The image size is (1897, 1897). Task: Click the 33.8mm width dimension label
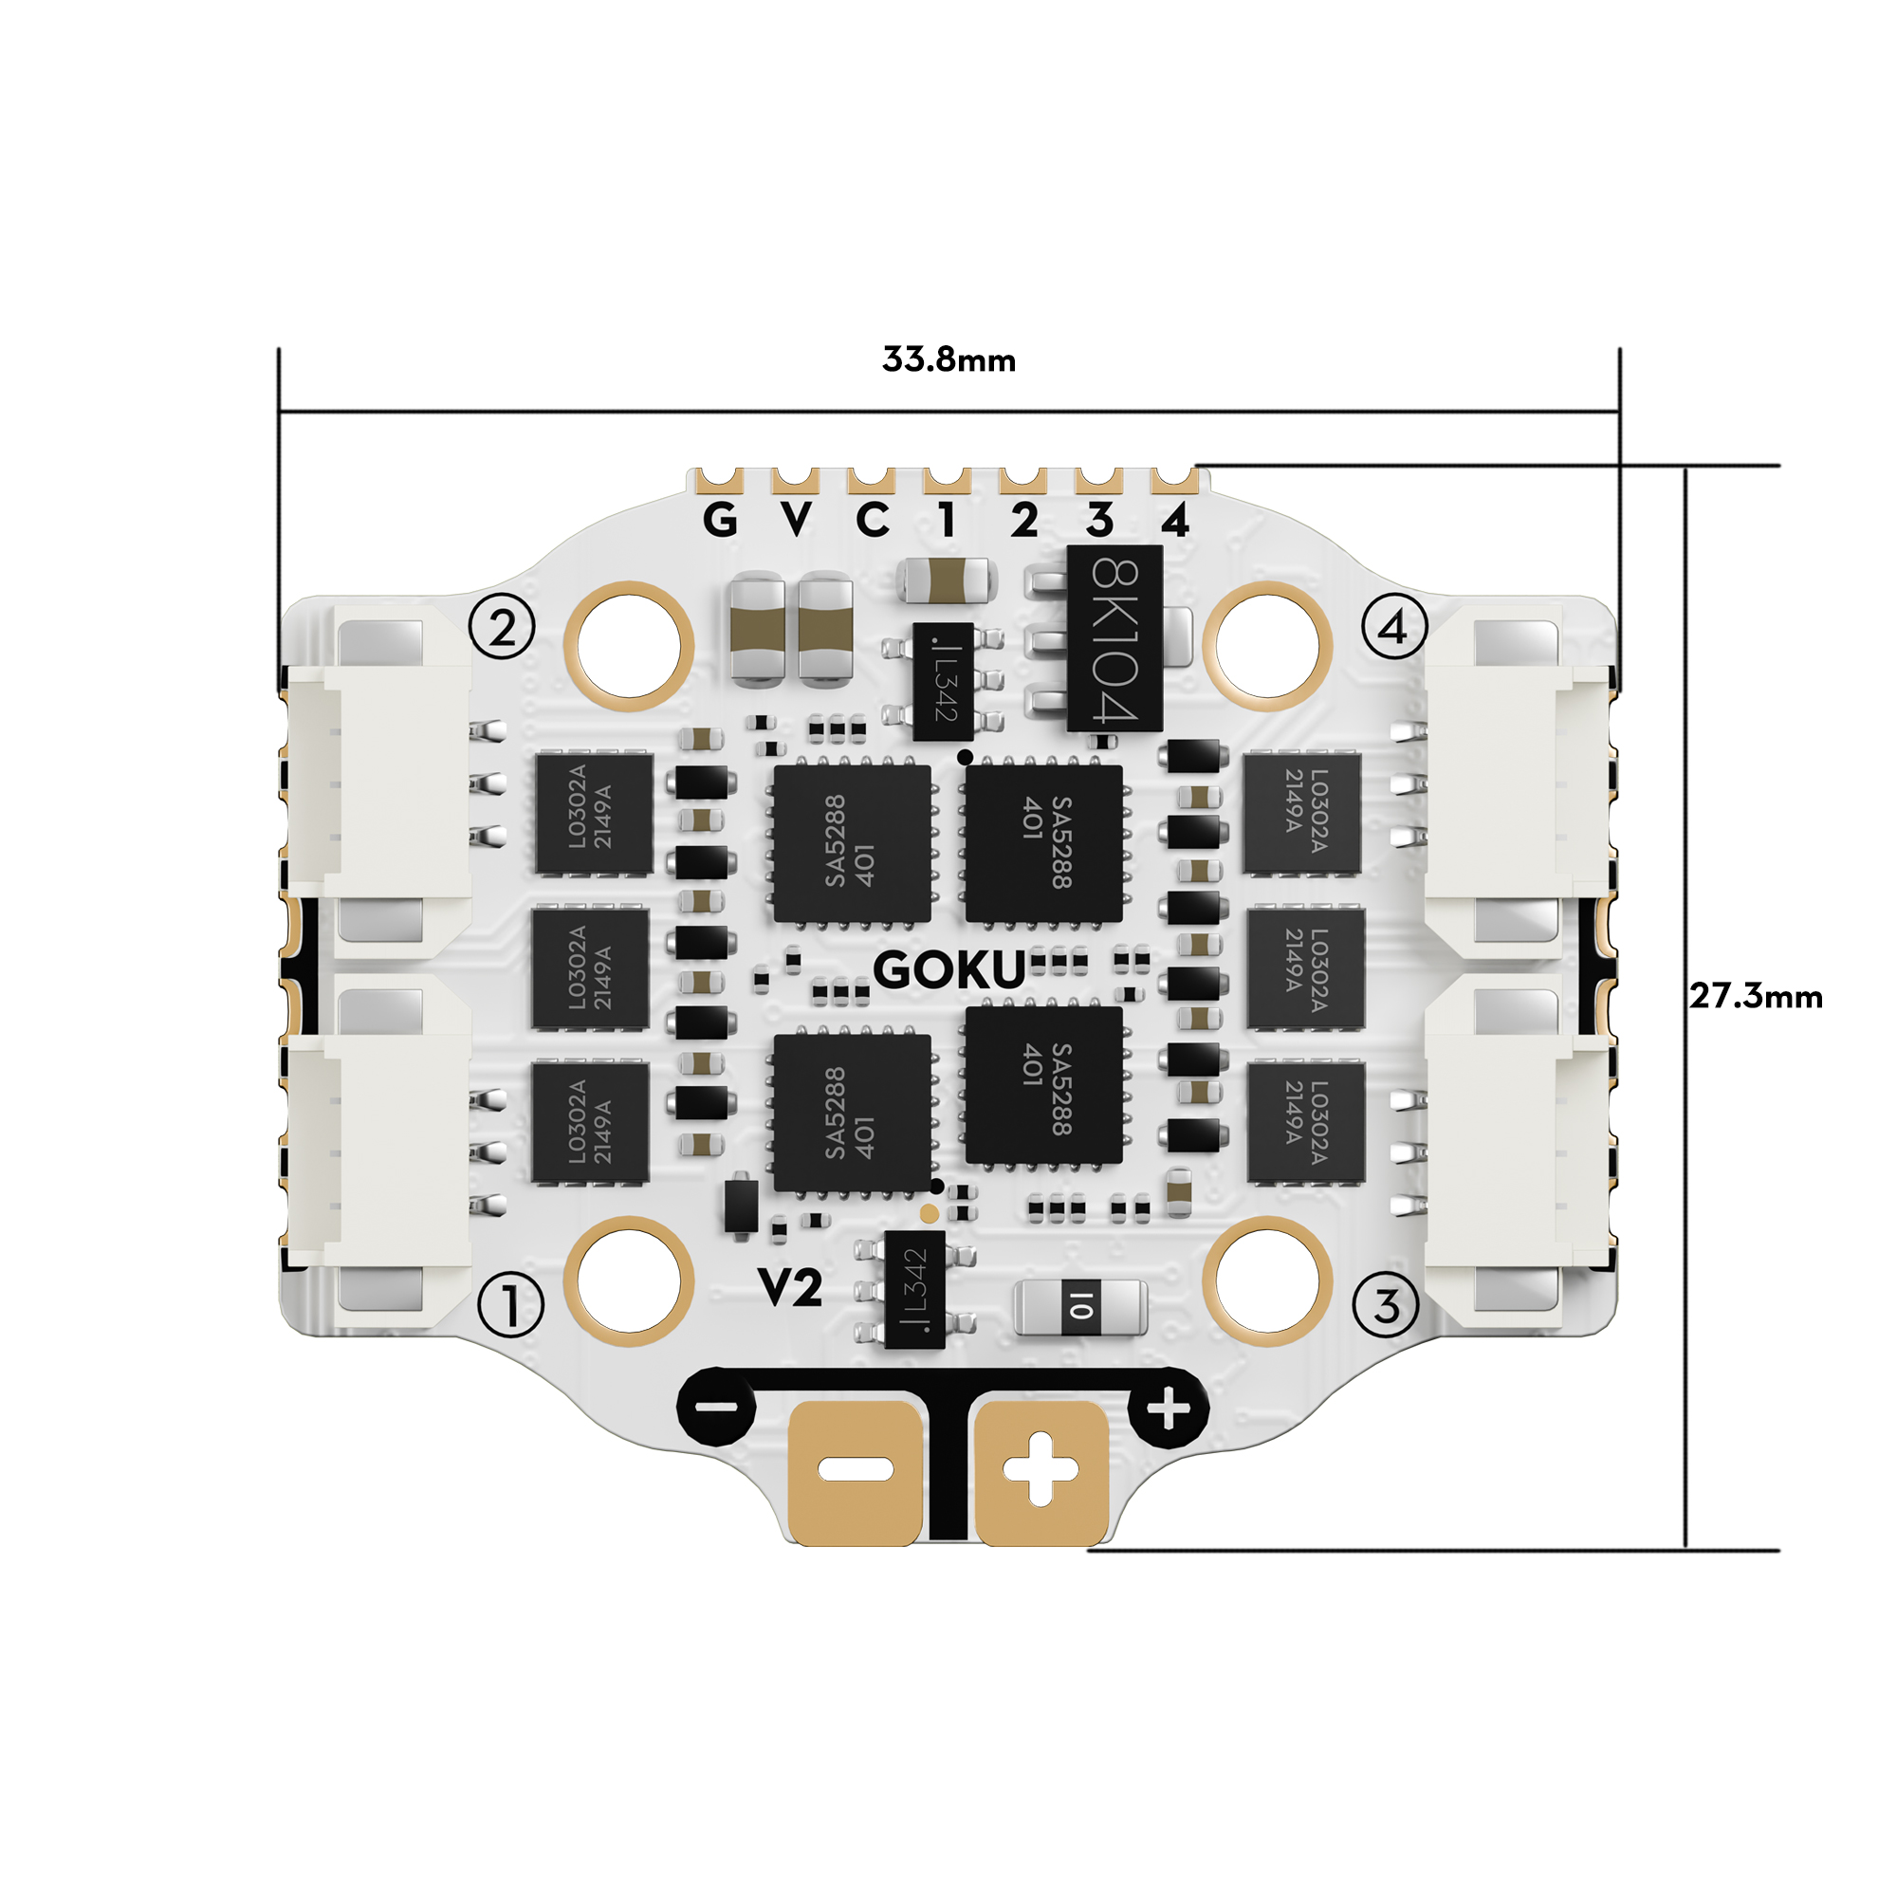(948, 359)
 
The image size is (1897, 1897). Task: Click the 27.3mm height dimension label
(1756, 997)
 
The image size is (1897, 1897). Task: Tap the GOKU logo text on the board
(948, 971)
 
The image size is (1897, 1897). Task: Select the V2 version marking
(789, 1286)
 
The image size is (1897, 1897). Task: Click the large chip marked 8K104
(1114, 639)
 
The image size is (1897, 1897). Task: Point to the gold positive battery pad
(1041, 1470)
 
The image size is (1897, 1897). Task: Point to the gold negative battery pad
(856, 1470)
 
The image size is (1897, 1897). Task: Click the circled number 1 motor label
(509, 1306)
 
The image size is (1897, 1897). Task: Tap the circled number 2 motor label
(503, 626)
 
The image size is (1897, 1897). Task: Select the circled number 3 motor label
(1386, 1306)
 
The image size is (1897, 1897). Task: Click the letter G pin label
(720, 520)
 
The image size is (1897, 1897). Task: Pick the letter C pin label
(872, 520)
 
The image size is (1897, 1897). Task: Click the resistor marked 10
(1080, 1307)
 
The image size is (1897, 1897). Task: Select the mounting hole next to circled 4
(1267, 646)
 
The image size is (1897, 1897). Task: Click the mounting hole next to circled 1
(629, 1280)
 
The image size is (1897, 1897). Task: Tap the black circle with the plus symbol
(1168, 1411)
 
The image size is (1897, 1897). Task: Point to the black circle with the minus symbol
(718, 1408)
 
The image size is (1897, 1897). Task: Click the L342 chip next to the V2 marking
(914, 1289)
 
